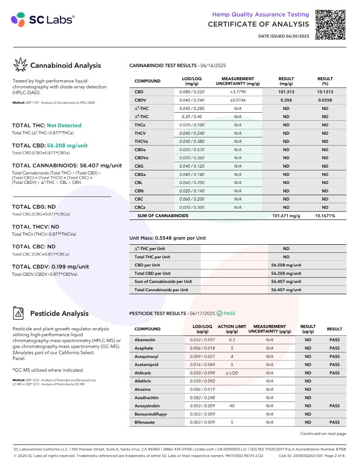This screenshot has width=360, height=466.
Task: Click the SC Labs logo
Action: click(43, 19)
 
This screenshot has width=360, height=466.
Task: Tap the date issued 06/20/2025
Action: click(284, 36)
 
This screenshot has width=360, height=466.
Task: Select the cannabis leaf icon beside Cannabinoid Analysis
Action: click(20, 65)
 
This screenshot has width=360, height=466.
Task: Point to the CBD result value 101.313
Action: click(286, 92)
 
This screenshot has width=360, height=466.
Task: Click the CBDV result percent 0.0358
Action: click(325, 100)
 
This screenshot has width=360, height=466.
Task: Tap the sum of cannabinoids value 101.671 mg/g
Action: click(286, 216)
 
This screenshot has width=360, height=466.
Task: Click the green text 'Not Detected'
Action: click(64, 125)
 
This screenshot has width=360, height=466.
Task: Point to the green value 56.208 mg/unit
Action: click(67, 146)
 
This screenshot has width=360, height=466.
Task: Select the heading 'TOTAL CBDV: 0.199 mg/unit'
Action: click(51, 266)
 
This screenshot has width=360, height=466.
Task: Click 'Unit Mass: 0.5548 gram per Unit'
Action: click(168, 238)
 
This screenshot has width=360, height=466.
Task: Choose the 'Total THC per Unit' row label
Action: click(152, 257)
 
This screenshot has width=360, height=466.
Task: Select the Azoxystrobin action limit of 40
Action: click(232, 406)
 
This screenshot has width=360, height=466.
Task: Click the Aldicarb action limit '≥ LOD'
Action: click(232, 373)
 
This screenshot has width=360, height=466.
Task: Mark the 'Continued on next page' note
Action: click(323, 434)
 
